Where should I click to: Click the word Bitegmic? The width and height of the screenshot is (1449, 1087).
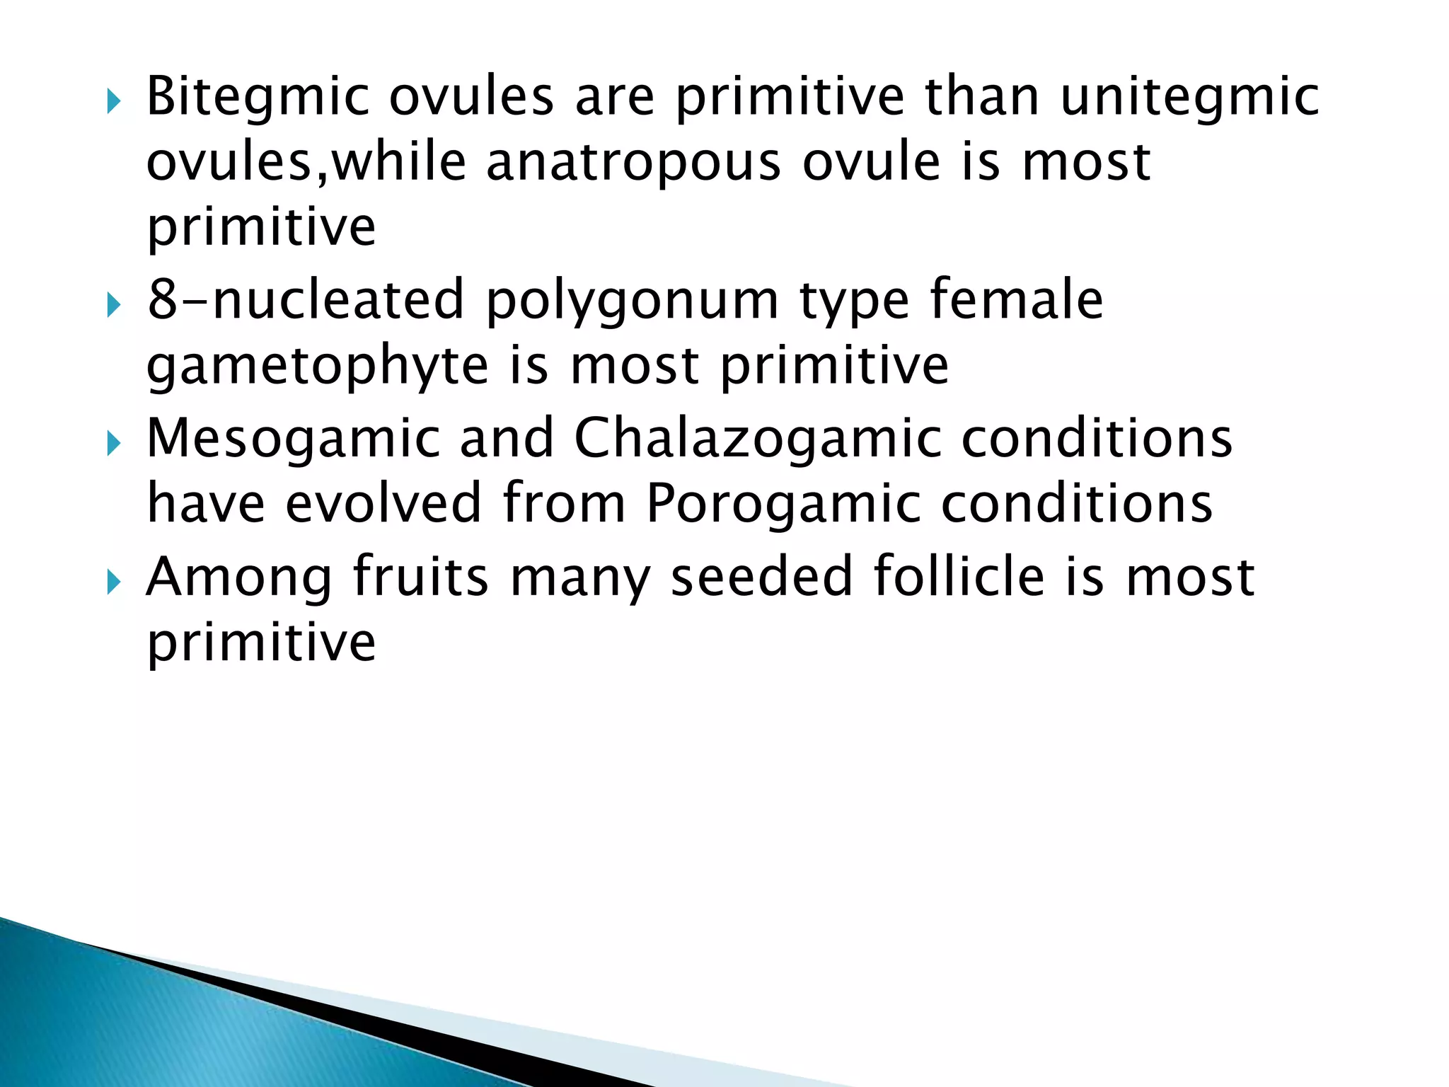[x=258, y=98]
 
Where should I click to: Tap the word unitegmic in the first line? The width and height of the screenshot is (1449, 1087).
[x=1189, y=98]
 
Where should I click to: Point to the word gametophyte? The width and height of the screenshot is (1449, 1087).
[x=317, y=367]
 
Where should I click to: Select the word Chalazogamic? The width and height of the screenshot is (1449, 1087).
[x=758, y=439]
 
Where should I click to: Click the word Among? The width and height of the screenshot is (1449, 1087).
[x=238, y=577]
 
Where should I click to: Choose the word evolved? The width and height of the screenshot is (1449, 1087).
[x=383, y=503]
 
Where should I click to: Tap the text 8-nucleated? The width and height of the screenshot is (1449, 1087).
[x=306, y=300]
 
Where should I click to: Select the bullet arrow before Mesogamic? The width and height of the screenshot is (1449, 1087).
[x=115, y=444]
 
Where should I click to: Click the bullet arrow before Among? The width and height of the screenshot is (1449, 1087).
[x=115, y=583]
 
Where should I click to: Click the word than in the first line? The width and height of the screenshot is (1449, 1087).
[x=982, y=96]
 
